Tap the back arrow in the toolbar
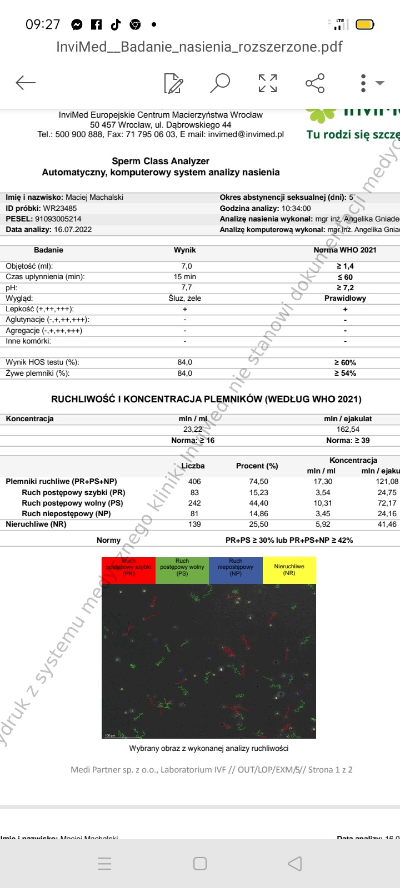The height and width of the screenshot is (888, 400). click(x=26, y=83)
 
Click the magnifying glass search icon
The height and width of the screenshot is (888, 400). click(x=220, y=83)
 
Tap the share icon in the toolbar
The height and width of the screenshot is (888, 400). click(x=315, y=83)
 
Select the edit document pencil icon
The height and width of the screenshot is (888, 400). click(x=173, y=83)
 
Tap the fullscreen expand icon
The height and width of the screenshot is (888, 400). click(x=268, y=83)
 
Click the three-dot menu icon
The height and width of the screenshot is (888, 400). click(x=363, y=83)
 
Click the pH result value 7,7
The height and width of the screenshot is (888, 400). click(x=186, y=287)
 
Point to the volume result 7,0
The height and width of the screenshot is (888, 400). click(x=186, y=266)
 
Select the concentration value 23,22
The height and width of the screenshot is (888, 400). click(x=193, y=429)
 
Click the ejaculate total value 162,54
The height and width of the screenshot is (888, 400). click(x=348, y=429)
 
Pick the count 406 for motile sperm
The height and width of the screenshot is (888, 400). click(x=194, y=482)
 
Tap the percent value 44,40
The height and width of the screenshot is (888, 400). click(x=259, y=503)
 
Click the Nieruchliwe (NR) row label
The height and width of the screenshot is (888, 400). click(x=36, y=524)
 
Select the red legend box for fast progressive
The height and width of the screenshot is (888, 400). click(x=128, y=569)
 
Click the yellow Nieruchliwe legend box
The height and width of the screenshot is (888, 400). click(x=289, y=569)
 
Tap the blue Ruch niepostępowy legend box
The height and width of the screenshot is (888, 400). click(x=236, y=569)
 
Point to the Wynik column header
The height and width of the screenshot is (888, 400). click(x=185, y=250)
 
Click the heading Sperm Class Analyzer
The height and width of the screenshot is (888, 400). click(x=161, y=161)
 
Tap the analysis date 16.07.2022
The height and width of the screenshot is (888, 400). click(x=73, y=229)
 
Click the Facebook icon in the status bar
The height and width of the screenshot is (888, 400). click(x=96, y=24)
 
